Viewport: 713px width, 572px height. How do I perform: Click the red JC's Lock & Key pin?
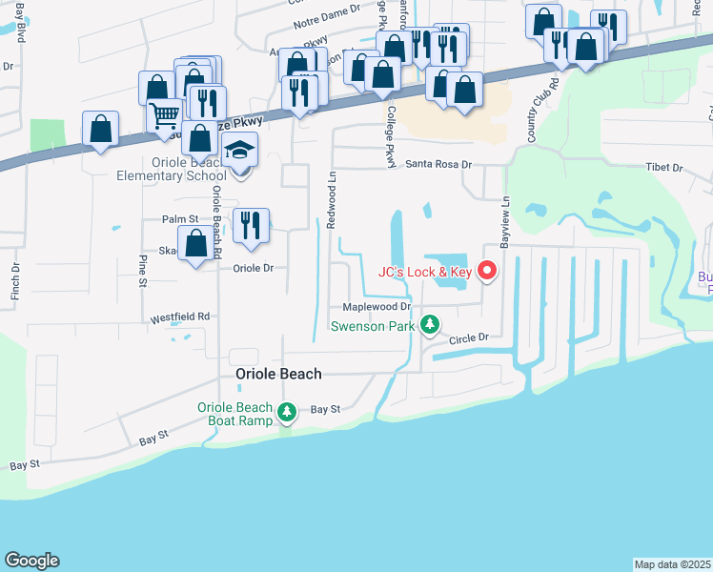pyautogui.click(x=488, y=272)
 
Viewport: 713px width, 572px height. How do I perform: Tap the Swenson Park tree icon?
pyautogui.click(x=431, y=325)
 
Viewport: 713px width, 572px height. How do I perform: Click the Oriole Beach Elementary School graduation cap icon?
pyautogui.click(x=240, y=151)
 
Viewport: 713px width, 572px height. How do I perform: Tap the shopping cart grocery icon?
pyautogui.click(x=164, y=115)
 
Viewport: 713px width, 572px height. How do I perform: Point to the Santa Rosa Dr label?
pyautogui.click(x=439, y=164)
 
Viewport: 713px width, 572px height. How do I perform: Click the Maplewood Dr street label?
pyautogui.click(x=377, y=307)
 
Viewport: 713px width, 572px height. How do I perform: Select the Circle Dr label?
pyautogui.click(x=468, y=337)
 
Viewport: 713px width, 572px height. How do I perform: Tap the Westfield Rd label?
pyautogui.click(x=178, y=316)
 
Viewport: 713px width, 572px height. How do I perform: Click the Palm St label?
pyautogui.click(x=179, y=219)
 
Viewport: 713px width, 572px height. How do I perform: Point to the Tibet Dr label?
pyautogui.click(x=664, y=168)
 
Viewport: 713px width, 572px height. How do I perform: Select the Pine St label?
pyautogui.click(x=142, y=270)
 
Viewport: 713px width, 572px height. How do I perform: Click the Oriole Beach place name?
pyautogui.click(x=278, y=375)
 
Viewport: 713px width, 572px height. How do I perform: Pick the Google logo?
pyautogui.click(x=31, y=561)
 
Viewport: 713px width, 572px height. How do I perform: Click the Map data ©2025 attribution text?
pyautogui.click(x=673, y=564)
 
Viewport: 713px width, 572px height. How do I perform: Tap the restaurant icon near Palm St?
pyautogui.click(x=251, y=225)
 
